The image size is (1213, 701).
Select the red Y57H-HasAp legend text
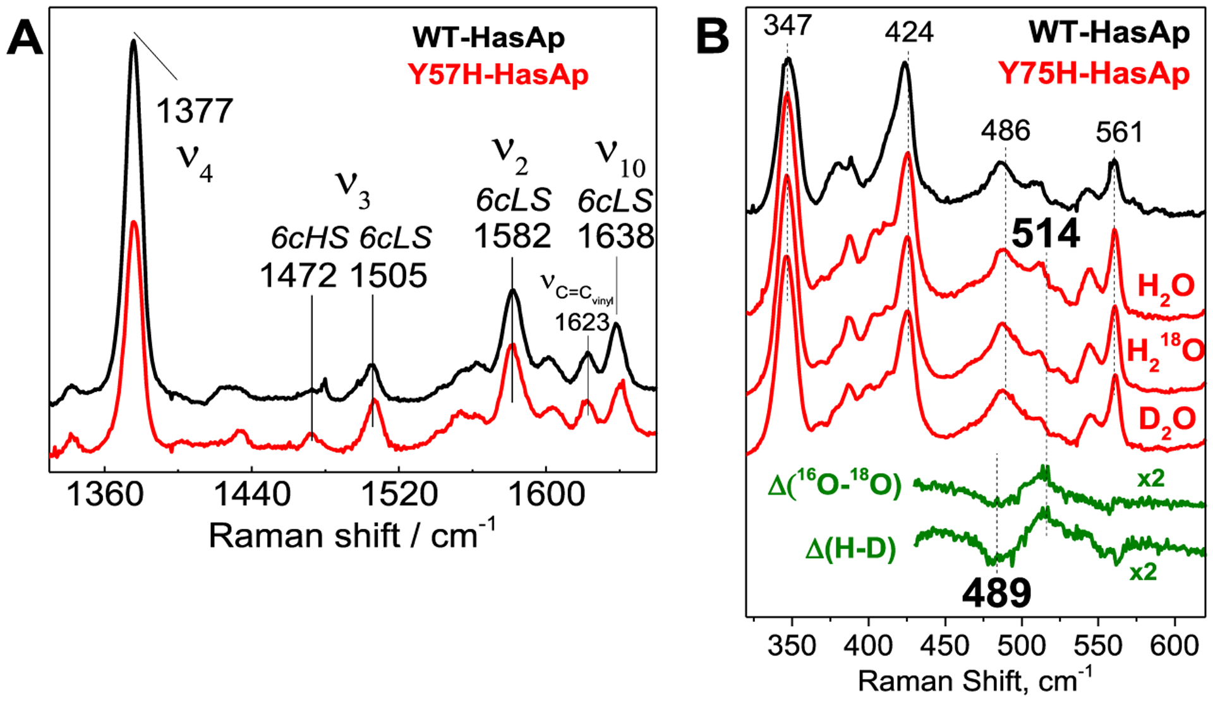[x=498, y=75]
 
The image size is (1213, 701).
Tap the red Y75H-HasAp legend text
[x=1094, y=74]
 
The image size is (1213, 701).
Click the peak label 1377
[x=195, y=111]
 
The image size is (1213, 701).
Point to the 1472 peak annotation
[x=298, y=276]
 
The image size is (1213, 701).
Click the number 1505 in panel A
[x=389, y=276]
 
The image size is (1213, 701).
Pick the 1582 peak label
[x=512, y=237]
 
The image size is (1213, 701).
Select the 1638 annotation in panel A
[x=616, y=237]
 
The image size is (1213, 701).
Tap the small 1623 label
[x=582, y=323]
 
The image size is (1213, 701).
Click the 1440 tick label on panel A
[x=252, y=494]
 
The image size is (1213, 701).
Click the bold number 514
[x=1045, y=234]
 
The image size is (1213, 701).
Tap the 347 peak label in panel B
[x=787, y=26]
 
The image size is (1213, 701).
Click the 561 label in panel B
[x=1119, y=133]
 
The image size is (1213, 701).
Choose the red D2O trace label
[x=1166, y=419]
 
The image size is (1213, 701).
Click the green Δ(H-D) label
[x=850, y=549]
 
